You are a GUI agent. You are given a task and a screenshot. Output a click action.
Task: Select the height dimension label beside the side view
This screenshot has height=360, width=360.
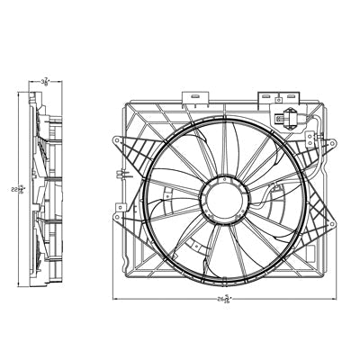tap(16, 188)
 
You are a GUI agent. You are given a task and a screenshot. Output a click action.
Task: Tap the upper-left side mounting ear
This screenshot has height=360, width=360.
tap(119, 140)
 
